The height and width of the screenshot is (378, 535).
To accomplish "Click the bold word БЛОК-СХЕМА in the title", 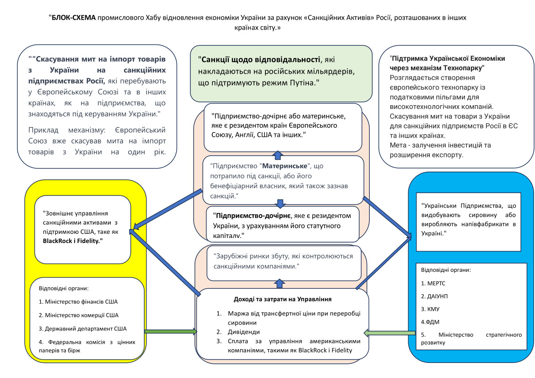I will click(74, 17).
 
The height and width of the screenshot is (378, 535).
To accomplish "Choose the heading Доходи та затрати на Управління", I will click(282, 299).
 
